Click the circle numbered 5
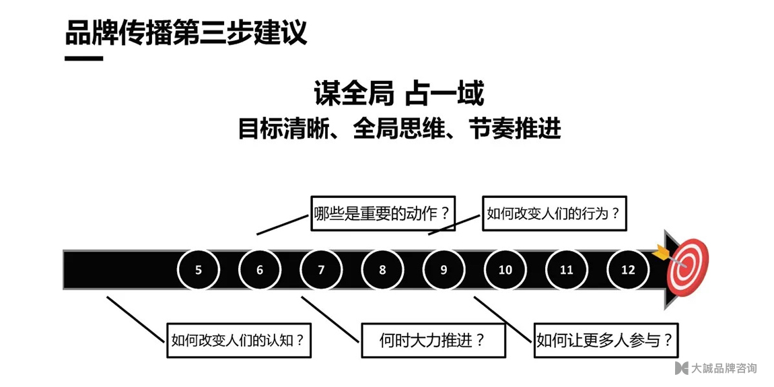[199, 269]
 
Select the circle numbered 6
[260, 269]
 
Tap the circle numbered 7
[321, 269]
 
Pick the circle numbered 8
[382, 269]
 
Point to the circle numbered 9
[444, 269]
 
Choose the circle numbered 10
[505, 269]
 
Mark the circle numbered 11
[567, 269]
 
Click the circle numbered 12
[628, 269]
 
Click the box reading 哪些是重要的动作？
[382, 213]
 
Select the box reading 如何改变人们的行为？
[555, 213]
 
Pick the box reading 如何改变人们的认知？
[239, 340]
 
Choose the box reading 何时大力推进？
[433, 340]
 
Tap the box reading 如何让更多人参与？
[606, 340]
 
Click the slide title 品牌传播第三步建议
[186, 33]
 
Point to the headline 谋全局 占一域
[399, 94]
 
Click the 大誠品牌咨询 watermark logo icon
[682, 367]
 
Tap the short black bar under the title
[84, 59]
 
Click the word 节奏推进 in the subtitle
[516, 129]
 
